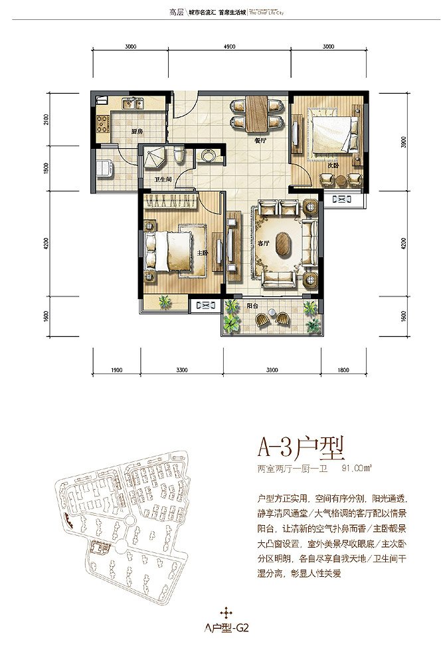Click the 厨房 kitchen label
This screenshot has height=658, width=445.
pyautogui.click(x=137, y=132)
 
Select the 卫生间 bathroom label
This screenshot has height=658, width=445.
pyautogui.click(x=163, y=180)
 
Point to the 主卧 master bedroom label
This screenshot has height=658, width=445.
pyautogui.click(x=203, y=253)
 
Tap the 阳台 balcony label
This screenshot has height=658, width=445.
pyautogui.click(x=252, y=307)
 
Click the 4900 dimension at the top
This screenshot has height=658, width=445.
pyautogui.click(x=230, y=47)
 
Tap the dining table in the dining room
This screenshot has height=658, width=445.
pyautogui.click(x=254, y=114)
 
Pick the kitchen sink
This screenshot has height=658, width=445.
pyautogui.click(x=132, y=103)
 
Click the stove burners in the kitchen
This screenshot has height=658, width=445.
pyautogui.click(x=103, y=124)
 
